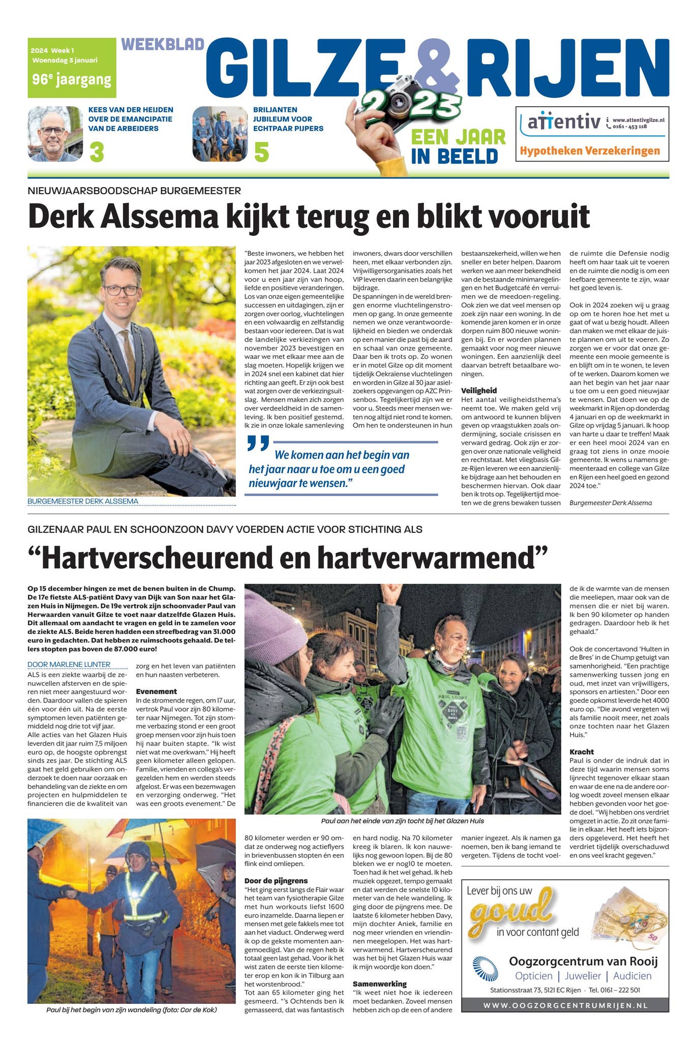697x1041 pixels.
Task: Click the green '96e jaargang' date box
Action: (71, 68)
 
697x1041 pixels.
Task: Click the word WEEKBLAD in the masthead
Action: (163, 45)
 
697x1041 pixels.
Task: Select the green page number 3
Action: (97, 152)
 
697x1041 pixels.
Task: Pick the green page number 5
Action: (261, 152)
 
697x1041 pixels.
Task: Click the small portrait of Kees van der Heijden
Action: (55, 134)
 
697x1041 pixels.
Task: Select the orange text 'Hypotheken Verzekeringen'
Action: (590, 151)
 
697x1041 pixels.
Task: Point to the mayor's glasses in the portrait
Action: (122, 290)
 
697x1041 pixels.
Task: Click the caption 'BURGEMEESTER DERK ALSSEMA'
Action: (83, 501)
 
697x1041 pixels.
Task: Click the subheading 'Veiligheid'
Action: (478, 390)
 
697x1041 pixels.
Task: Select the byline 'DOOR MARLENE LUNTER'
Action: (69, 664)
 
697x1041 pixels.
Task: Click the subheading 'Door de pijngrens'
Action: (276, 880)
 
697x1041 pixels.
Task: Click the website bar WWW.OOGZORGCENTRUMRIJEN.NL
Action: (564, 1005)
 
